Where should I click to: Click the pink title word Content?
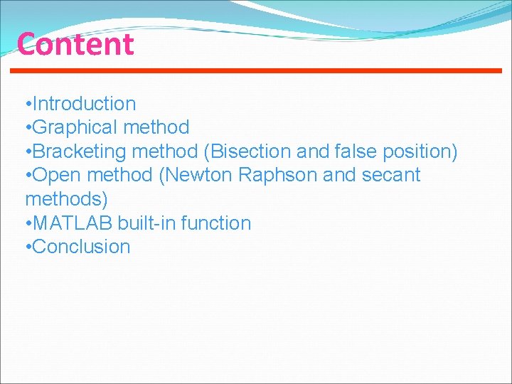(75, 44)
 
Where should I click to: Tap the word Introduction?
(84, 104)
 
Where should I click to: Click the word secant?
(392, 175)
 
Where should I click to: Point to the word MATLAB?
(73, 223)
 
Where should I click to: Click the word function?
(216, 223)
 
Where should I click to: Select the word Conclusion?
(82, 247)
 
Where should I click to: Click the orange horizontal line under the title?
(256, 70)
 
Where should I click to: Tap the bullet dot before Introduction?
(27, 105)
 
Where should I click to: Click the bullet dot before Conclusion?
(27, 247)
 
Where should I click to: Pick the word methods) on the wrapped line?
(66, 199)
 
